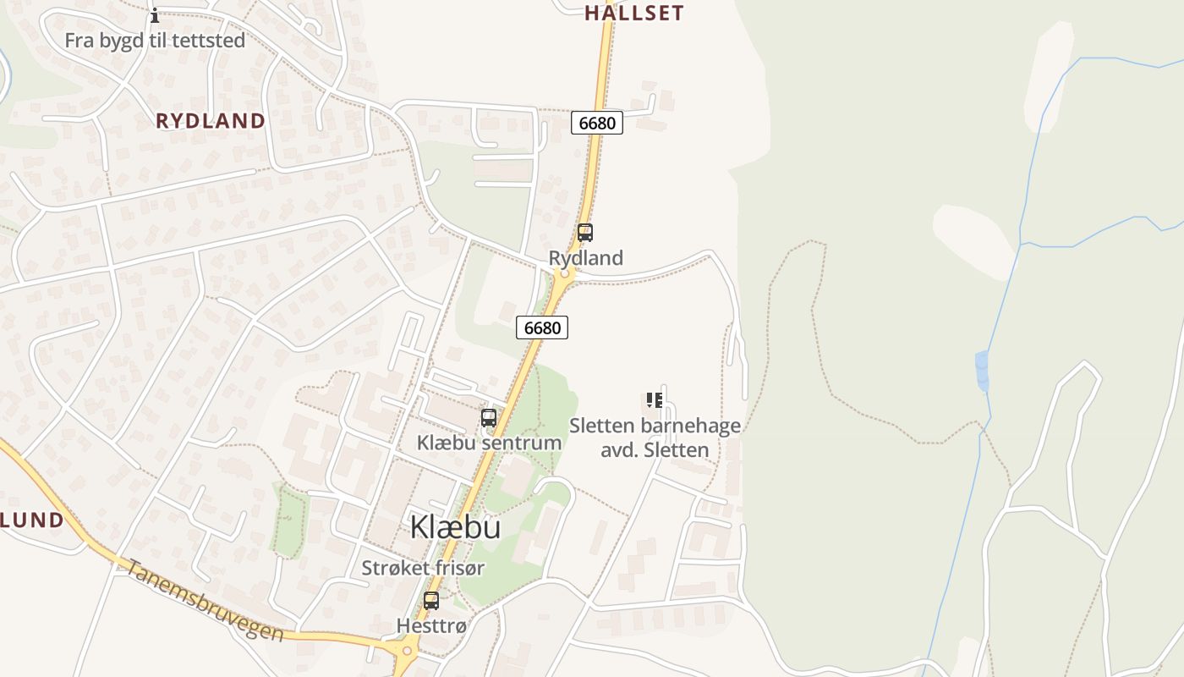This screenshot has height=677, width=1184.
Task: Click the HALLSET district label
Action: pos(633,13)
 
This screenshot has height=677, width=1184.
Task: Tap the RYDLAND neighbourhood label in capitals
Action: pos(211,121)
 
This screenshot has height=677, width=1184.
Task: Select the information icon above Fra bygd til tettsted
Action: pos(155,15)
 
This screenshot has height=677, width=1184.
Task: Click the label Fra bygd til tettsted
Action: pos(155,41)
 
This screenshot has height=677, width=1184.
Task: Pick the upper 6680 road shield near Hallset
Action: pos(596,123)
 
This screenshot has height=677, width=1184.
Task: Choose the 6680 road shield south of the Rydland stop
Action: pos(541,327)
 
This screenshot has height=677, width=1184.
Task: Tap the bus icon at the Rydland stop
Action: pos(584,233)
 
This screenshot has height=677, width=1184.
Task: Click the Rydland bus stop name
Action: pos(585,258)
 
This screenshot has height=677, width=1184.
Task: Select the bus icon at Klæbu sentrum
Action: pos(489,418)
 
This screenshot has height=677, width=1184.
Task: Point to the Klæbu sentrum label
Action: pos(489,443)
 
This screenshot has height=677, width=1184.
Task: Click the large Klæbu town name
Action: pos(455,527)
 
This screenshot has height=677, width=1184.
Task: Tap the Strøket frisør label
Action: pos(423,568)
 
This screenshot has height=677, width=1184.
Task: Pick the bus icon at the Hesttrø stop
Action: pos(431,601)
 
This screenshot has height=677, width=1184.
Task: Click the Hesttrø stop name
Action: pos(431,626)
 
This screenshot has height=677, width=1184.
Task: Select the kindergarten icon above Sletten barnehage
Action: pos(654,400)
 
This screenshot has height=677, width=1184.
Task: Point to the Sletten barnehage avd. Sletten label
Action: pos(655,438)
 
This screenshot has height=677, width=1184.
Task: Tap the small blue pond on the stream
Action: pos(982,370)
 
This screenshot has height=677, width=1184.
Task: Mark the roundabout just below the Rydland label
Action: pos(565,274)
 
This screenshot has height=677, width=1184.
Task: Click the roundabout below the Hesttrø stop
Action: pos(406,652)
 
